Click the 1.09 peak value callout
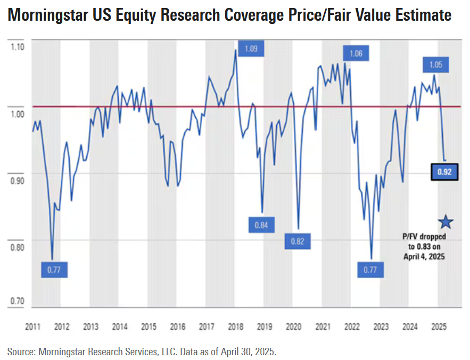[x=251, y=49]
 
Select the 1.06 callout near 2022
[x=356, y=53]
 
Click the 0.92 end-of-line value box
[x=444, y=172]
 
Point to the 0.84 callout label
[x=261, y=224]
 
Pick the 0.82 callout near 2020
[x=297, y=241]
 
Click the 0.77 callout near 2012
[x=54, y=270]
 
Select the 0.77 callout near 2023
[x=370, y=270]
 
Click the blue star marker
[x=446, y=222]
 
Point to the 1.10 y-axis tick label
[x=18, y=47]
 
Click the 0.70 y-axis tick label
[x=18, y=302]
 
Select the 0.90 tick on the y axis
[x=18, y=181]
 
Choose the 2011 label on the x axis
[x=32, y=326]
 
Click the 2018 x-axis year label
[x=236, y=326]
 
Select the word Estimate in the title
[x=422, y=16]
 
